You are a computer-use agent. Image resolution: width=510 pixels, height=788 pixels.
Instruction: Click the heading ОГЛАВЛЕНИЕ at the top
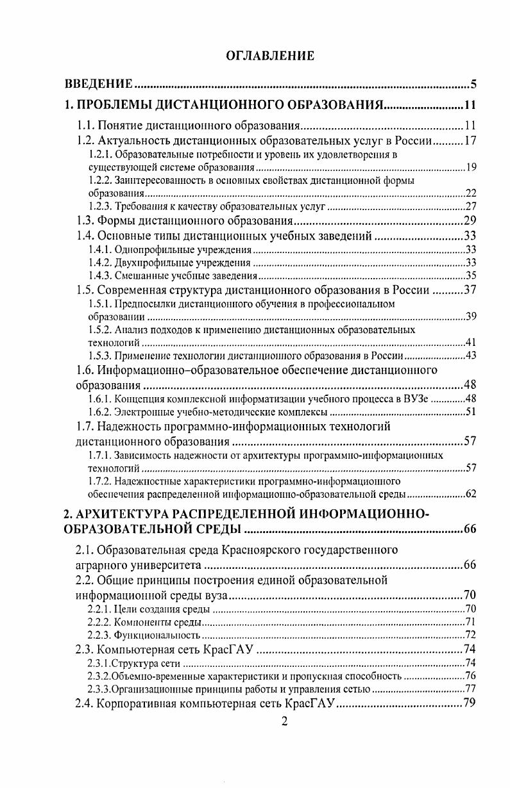[271, 56]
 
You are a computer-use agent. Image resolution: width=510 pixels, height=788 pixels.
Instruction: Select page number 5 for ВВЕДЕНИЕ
[472, 84]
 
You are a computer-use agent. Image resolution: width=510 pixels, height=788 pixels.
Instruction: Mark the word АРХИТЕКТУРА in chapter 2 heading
[132, 513]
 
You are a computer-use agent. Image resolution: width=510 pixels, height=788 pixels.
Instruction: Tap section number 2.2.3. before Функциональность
[99, 635]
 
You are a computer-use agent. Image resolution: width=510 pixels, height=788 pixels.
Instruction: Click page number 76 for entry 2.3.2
[470, 677]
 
